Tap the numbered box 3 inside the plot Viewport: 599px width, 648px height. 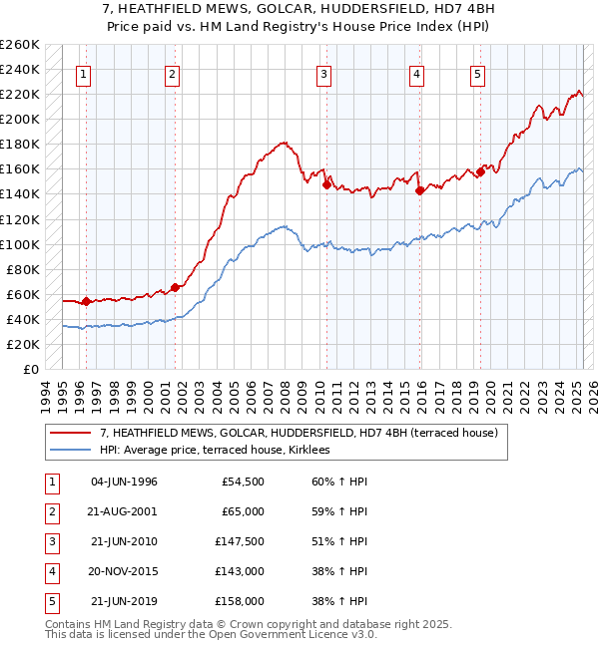tap(324, 74)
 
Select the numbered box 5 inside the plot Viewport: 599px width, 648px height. tap(478, 74)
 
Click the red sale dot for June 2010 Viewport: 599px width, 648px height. tap(326, 183)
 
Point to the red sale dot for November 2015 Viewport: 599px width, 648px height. tap(419, 189)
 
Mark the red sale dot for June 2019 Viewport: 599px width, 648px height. tap(480, 171)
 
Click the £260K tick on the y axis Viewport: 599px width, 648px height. tap(20, 45)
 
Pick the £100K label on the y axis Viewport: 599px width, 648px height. tap(20, 244)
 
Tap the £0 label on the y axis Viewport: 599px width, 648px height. tap(32, 369)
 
